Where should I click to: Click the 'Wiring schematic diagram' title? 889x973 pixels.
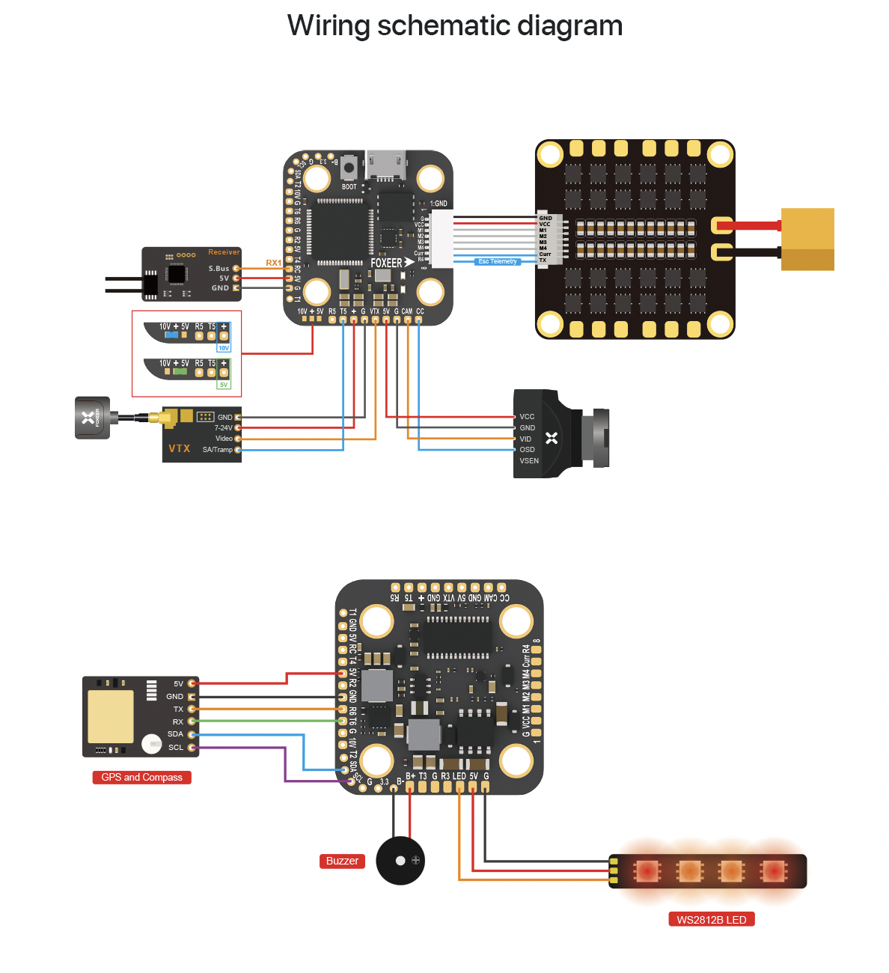455,25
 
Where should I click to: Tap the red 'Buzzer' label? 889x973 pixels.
342,861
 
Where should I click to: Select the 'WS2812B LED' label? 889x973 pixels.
711,920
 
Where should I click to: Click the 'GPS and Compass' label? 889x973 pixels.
141,778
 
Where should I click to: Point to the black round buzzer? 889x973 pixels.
400,861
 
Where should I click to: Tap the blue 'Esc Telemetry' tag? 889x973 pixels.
498,262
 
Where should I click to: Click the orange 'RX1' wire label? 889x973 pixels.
273,263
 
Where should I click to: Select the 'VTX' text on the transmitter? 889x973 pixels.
180,448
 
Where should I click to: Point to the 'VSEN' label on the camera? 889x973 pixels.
529,461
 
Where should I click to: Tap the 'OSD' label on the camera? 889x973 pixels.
527,450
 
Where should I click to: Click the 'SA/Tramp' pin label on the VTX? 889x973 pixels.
217,450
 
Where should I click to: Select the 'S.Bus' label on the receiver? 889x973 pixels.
219,269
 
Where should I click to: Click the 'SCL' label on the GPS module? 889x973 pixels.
176,748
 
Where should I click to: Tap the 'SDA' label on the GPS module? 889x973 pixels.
175,734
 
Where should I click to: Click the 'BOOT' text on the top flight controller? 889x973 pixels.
349,187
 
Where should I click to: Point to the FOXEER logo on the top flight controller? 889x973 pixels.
387,263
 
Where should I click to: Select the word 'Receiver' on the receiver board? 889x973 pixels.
224,252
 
